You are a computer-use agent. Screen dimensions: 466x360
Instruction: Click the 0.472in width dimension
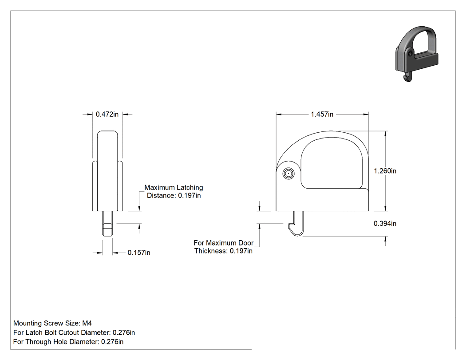coord(107,114)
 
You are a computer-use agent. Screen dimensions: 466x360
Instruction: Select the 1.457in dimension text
coord(322,114)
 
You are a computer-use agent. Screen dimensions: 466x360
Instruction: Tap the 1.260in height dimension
coord(385,171)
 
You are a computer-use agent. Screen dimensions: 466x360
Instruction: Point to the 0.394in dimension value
coord(385,224)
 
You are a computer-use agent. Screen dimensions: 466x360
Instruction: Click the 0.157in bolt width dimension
coord(139,253)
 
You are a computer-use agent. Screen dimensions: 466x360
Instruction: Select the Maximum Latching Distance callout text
coord(174,191)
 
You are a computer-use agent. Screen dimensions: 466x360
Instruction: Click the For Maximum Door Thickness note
coord(224,247)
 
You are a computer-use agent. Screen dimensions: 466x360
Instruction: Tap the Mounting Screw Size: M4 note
coord(53,323)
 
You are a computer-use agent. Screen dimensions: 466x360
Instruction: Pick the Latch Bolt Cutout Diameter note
coord(74,332)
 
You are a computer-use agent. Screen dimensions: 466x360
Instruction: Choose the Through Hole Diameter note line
coord(68,342)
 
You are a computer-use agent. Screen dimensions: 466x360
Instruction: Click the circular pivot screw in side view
coord(288,174)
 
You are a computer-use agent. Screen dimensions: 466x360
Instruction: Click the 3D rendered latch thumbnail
coord(417,54)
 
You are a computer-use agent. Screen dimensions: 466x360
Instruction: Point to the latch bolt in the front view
coord(107,224)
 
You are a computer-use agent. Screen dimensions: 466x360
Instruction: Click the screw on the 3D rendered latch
coord(410,54)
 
